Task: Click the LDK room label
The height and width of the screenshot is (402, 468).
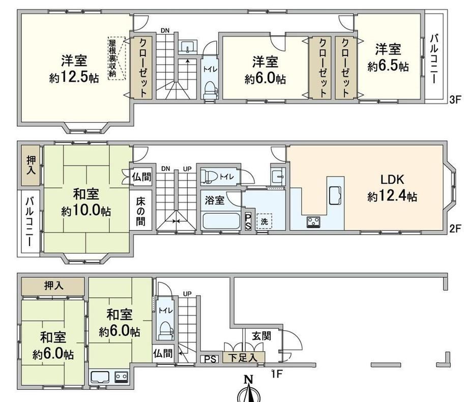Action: click(x=392, y=180)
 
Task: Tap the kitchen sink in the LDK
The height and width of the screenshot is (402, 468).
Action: click(x=335, y=195)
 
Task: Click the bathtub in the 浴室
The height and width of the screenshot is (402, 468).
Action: click(x=221, y=221)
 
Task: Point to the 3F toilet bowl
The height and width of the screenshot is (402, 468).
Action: click(x=211, y=90)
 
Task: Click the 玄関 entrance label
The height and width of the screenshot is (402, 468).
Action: click(x=261, y=336)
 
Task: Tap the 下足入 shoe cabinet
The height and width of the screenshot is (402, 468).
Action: click(x=244, y=357)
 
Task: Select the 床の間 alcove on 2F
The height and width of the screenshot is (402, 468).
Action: click(x=141, y=211)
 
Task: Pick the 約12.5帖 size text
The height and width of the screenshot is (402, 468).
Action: click(x=74, y=78)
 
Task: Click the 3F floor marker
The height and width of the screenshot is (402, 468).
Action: click(x=455, y=99)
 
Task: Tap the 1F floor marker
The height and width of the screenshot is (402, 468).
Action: click(x=277, y=374)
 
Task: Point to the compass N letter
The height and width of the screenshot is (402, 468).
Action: click(x=248, y=380)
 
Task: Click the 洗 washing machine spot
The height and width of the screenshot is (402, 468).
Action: click(x=264, y=221)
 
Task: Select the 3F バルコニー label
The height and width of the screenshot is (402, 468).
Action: click(x=434, y=59)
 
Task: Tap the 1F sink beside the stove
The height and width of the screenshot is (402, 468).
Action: click(x=101, y=377)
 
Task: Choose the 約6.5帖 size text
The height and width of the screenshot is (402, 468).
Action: click(x=388, y=66)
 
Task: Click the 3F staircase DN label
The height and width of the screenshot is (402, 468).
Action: click(x=165, y=31)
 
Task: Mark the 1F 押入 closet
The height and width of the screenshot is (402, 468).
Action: click(x=53, y=286)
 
